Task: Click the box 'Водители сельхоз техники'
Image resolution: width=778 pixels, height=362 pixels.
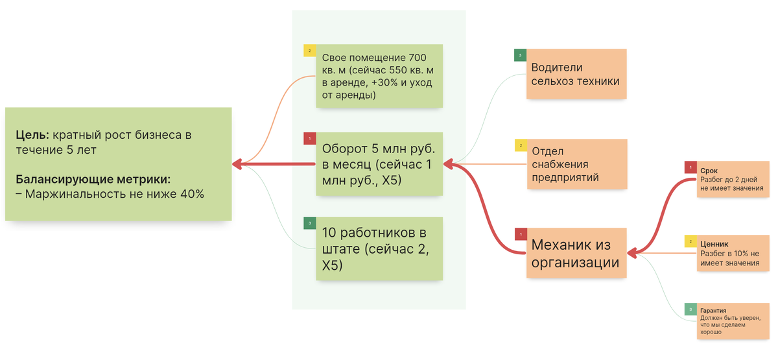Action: pos(576,74)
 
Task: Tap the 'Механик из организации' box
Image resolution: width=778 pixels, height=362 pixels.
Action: pos(576,253)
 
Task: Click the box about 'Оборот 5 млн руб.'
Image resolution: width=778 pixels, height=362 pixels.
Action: pos(379,164)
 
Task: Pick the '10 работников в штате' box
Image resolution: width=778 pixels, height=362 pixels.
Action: pos(379,248)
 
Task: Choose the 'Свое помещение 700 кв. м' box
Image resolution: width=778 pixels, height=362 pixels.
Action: pos(379,76)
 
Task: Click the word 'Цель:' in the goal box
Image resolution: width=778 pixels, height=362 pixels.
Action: pos(32,136)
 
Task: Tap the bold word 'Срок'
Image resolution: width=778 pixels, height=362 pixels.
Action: pos(709,171)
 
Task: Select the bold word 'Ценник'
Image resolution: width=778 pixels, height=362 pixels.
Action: pos(713,244)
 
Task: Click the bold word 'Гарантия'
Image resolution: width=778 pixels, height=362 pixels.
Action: pos(713,311)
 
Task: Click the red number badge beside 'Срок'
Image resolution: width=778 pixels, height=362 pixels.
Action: pos(690,167)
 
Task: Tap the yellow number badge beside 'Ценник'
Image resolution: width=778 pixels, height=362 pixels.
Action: pos(690,241)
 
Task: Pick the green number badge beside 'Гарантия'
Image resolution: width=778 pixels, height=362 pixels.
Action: pos(690,309)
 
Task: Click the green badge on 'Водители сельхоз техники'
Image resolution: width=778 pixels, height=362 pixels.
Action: pos(520,55)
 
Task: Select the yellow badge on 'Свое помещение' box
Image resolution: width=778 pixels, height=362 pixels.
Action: pos(309,51)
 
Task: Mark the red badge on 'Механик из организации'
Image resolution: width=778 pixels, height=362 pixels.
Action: pos(520,234)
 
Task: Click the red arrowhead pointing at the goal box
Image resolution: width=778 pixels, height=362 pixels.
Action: pos(238,164)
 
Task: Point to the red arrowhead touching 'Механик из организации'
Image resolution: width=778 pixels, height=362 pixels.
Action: pos(633,252)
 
